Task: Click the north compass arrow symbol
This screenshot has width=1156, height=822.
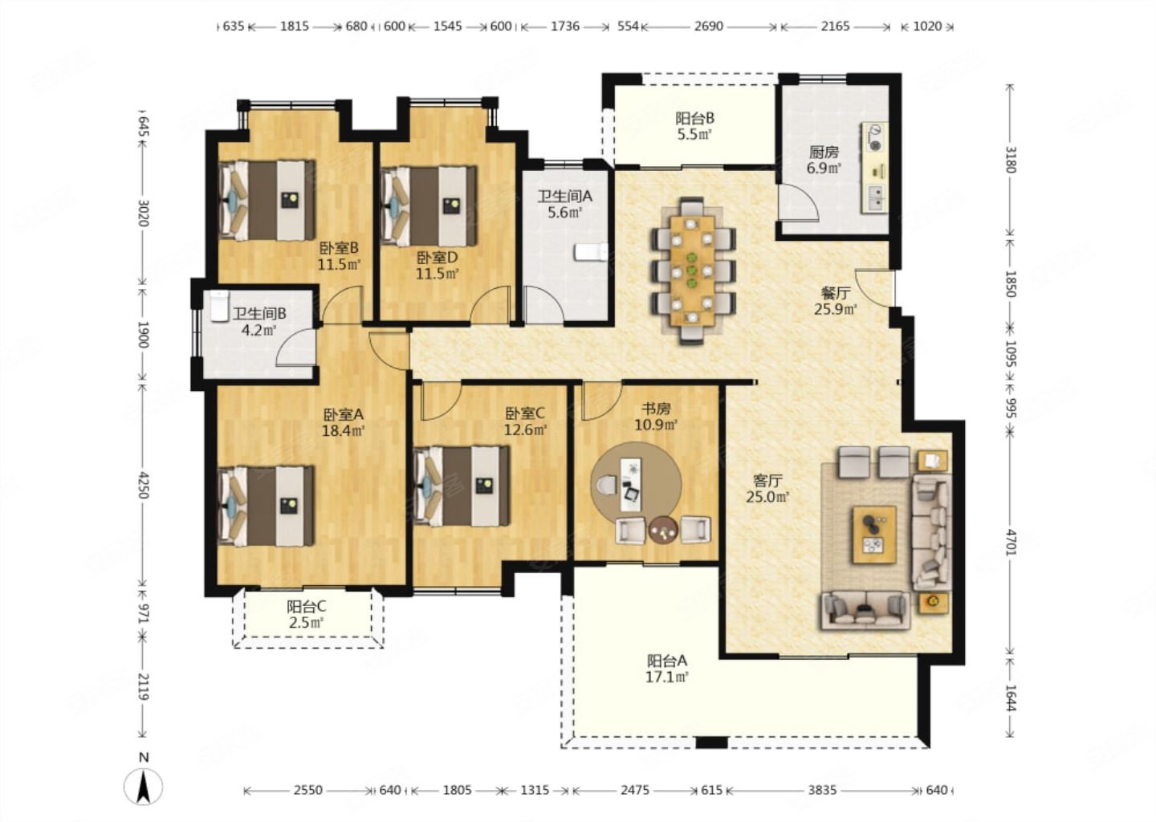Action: click(144, 786)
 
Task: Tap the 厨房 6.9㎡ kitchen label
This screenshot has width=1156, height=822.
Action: click(824, 160)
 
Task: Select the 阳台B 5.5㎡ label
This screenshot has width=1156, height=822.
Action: click(694, 126)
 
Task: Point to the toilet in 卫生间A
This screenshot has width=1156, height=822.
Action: click(592, 252)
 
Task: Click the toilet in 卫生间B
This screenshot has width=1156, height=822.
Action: click(219, 306)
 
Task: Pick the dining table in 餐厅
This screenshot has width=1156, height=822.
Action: click(692, 271)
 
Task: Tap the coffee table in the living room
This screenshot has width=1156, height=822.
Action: click(873, 534)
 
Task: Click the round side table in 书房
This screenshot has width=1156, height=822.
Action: click(662, 530)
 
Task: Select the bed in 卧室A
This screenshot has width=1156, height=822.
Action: click(267, 506)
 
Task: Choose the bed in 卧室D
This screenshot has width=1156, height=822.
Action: click(429, 205)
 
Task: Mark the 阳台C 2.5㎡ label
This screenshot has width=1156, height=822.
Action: click(307, 614)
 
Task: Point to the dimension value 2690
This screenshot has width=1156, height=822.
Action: click(708, 26)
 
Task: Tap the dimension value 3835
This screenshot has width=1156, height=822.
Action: click(821, 790)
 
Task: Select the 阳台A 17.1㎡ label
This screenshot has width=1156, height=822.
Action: click(667, 668)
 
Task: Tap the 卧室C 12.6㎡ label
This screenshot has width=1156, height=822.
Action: click(525, 421)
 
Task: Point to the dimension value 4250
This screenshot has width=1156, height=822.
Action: click(143, 485)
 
